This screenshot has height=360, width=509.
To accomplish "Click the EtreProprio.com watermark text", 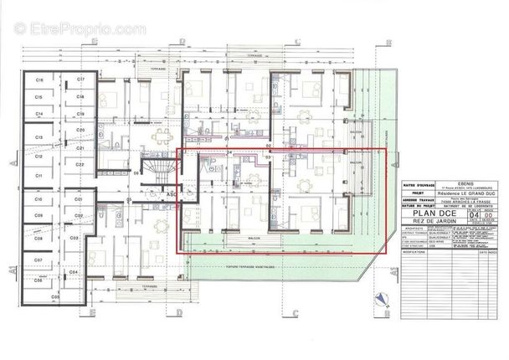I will pyautogui.click(x=76, y=29).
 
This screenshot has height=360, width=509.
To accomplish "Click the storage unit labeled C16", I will pyautogui.click(x=39, y=80).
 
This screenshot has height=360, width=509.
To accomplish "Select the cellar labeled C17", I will pyautogui.click(x=81, y=80).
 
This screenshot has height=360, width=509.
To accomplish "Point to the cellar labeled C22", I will pyautogui.click(x=81, y=166).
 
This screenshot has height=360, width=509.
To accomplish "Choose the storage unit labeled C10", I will pyautogui.click(x=39, y=200).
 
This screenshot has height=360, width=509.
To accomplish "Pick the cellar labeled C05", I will pyautogui.click(x=55, y=297).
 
